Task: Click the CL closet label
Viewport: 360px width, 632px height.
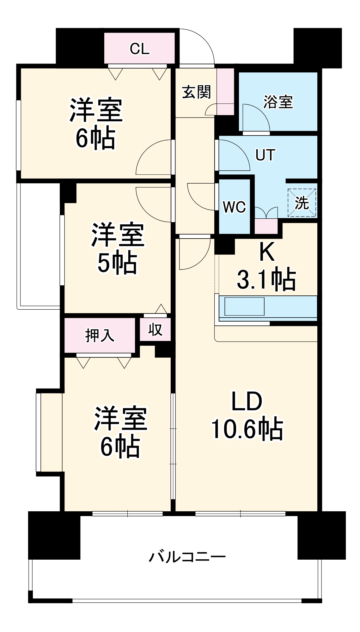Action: [x=139, y=49]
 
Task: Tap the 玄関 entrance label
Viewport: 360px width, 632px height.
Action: [x=196, y=92]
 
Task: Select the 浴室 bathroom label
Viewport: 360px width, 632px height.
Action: [x=278, y=102]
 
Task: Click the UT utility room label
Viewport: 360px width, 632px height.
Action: [x=265, y=155]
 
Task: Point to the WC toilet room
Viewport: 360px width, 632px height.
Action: [x=234, y=207]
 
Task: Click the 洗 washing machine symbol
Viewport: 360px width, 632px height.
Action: [x=302, y=203]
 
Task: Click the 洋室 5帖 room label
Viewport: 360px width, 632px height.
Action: [x=117, y=248]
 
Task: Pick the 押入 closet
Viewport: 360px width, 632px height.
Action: [x=100, y=335]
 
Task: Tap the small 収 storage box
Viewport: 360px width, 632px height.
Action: [x=155, y=330]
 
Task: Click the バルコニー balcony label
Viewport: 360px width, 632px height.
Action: [x=187, y=557]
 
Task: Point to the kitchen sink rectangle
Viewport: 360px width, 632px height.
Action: [x=244, y=306]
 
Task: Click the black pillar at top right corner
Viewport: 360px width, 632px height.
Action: [x=317, y=47]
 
